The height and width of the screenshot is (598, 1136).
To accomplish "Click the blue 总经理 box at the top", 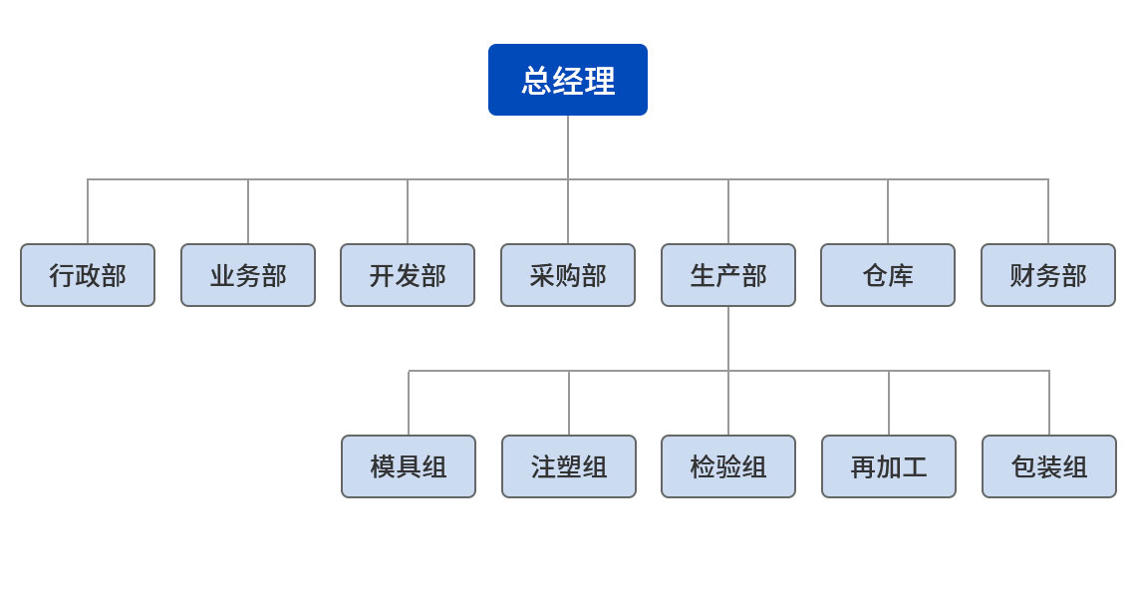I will (x=568, y=80).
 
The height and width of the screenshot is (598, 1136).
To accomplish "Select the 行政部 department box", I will (x=88, y=275).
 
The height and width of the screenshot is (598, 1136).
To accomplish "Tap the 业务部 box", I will (x=248, y=275).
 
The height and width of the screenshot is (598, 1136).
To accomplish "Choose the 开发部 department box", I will (x=408, y=275).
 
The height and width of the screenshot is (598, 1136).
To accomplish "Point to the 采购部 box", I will (x=568, y=275).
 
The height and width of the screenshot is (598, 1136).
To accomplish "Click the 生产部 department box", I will (x=728, y=275).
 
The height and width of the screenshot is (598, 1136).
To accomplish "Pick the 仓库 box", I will (x=888, y=275).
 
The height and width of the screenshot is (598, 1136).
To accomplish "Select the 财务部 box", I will (x=1048, y=275).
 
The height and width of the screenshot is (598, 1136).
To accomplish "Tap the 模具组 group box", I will (x=409, y=466).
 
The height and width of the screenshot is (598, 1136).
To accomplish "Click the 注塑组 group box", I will (x=569, y=466).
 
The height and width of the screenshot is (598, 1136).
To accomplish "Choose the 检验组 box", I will (x=728, y=466).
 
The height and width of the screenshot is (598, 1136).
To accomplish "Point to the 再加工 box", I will (x=889, y=466).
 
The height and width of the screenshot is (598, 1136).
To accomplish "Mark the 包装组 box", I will (x=1049, y=466).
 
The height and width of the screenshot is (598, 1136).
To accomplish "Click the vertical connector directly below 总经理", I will (x=568, y=148).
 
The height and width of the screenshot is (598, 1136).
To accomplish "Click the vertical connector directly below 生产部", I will (x=728, y=339).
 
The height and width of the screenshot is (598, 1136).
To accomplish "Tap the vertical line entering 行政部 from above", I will (x=88, y=212).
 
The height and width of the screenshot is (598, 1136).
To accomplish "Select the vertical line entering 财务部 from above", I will (x=1048, y=212).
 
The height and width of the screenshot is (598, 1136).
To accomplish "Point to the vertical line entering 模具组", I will (x=409, y=404).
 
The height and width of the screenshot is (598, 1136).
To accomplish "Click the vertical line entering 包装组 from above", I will (x=1049, y=404).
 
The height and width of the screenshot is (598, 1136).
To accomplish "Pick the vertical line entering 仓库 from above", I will (x=888, y=212).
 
